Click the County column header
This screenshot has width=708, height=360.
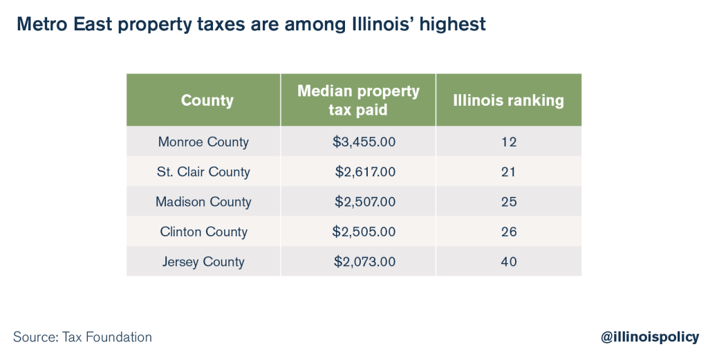pyautogui.click(x=207, y=100)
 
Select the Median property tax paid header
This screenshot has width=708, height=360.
pyautogui.click(x=358, y=100)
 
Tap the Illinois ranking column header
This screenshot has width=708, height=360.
pyautogui.click(x=508, y=100)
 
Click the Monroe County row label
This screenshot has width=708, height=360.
pyautogui.click(x=203, y=142)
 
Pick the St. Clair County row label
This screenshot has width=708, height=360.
pyautogui.click(x=203, y=171)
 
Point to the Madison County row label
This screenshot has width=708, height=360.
pyautogui.click(x=203, y=202)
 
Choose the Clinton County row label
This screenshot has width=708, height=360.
pyautogui.click(x=203, y=231)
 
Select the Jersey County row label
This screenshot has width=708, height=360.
pyautogui.click(x=203, y=262)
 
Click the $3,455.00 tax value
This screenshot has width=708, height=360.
pyautogui.click(x=364, y=142)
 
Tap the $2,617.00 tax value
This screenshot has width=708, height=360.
pyautogui.click(x=365, y=171)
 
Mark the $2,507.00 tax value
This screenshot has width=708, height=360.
pyautogui.click(x=365, y=202)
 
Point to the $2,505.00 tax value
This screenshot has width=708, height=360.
pyautogui.click(x=364, y=231)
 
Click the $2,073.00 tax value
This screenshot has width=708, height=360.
pyautogui.click(x=364, y=262)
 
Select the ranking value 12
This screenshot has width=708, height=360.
pyautogui.click(x=509, y=142)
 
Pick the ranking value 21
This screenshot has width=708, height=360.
pyautogui.click(x=509, y=171)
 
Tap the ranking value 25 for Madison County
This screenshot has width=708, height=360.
pyautogui.click(x=509, y=202)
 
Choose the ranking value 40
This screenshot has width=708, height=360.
pyautogui.click(x=509, y=262)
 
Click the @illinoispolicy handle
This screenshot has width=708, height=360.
pyautogui.click(x=649, y=337)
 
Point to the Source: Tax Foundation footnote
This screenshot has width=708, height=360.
pyautogui.click(x=82, y=337)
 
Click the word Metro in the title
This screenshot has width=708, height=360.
pyautogui.click(x=41, y=25)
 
